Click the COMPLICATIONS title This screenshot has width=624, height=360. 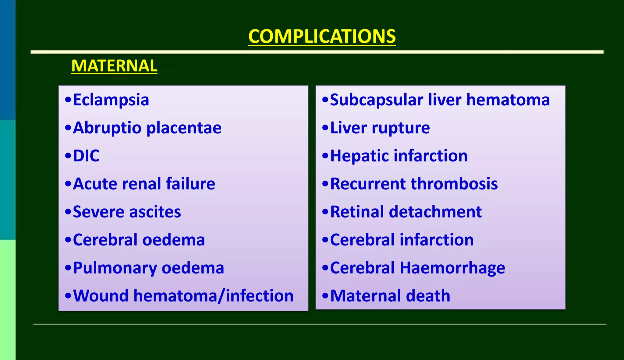pos(322,36)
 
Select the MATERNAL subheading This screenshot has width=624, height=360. pos(114,66)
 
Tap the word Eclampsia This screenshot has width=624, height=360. pos(111,100)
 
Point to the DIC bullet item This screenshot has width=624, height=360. pos(86,156)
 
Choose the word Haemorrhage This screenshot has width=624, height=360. pos(452,268)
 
